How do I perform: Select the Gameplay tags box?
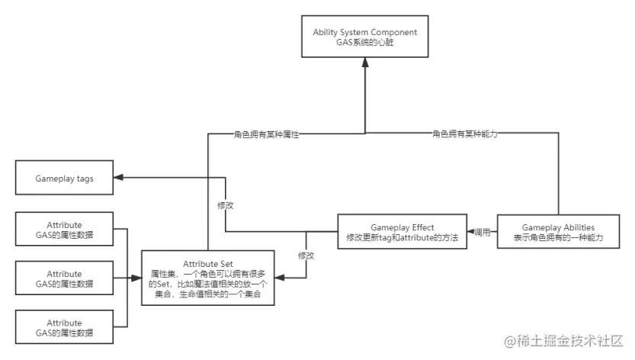coord(64,178)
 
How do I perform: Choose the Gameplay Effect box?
coord(402,233)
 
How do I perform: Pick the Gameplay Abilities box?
coord(558,233)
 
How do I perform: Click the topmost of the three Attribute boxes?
coord(64,230)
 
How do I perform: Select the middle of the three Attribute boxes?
coord(64,278)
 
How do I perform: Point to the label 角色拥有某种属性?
coord(265,134)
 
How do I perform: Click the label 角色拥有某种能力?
coord(464,134)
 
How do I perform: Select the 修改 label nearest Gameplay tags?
coord(226,206)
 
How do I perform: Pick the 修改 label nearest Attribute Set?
coord(306,255)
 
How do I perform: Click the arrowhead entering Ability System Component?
coord(365,63)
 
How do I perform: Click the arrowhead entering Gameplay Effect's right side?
coord(471,231)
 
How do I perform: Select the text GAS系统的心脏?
coord(365,43)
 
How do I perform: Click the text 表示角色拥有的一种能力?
coord(558,239)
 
